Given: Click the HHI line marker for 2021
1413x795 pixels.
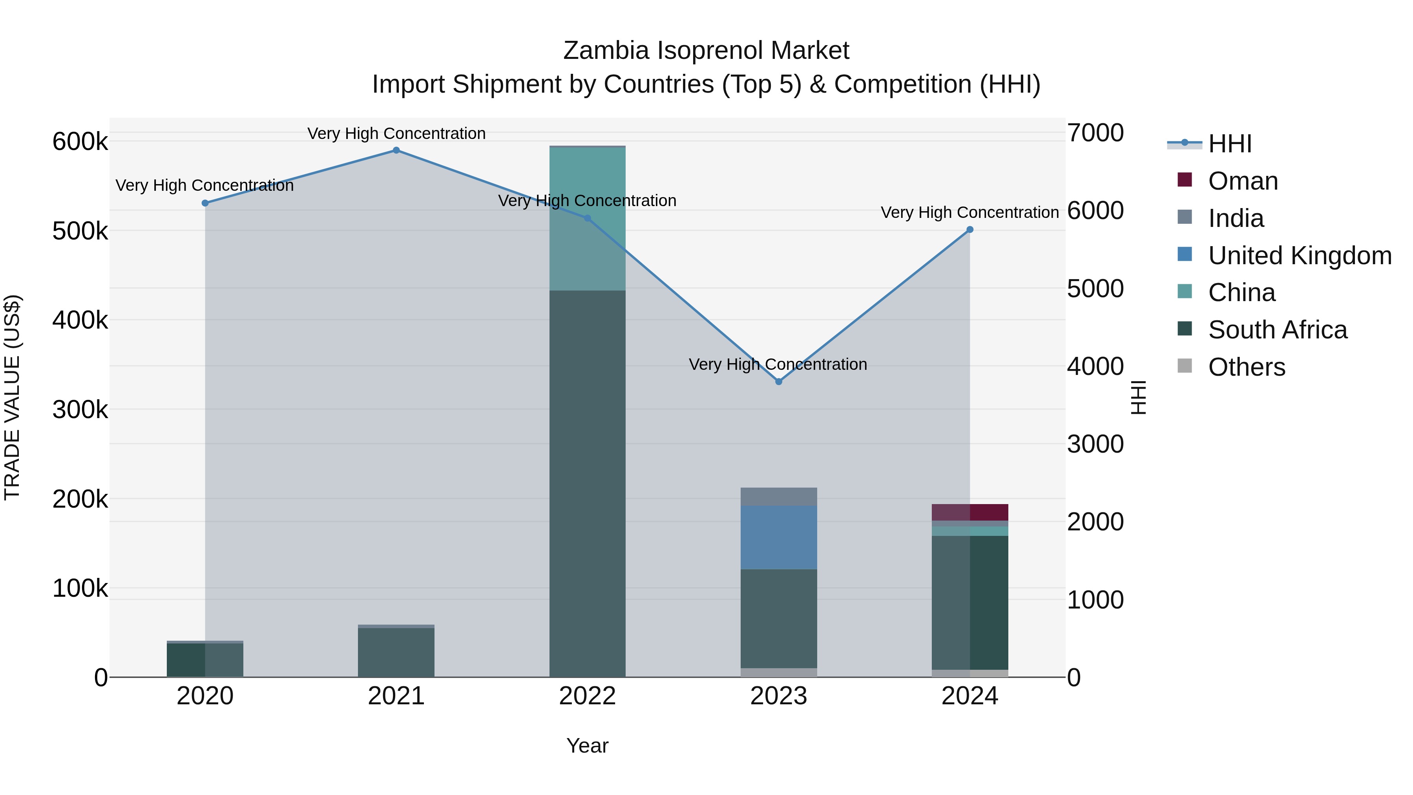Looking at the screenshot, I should click(396, 150).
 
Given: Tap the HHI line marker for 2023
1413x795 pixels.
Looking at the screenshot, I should click(778, 381).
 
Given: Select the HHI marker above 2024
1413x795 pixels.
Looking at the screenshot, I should click(970, 230).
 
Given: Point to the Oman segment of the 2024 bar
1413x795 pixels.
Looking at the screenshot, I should click(970, 512).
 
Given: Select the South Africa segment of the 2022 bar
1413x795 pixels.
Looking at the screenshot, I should click(588, 483).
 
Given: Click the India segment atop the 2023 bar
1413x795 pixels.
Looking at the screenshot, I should click(778, 497).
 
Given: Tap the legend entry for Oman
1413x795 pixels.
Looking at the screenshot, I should click(1242, 181).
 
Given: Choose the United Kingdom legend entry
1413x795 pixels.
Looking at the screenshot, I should click(1299, 256).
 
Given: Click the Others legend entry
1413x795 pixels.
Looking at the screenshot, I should click(1246, 367).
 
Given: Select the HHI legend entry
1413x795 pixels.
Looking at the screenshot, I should click(1229, 144).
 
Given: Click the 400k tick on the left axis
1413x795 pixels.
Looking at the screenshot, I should click(80, 320).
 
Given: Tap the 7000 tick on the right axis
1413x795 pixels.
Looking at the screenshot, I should click(1095, 133).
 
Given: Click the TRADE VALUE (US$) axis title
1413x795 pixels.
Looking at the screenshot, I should click(12, 397).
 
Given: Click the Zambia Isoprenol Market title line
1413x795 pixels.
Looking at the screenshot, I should click(706, 51).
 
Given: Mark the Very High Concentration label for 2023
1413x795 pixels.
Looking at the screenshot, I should click(778, 364).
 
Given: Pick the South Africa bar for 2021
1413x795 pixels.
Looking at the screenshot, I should click(396, 652).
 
